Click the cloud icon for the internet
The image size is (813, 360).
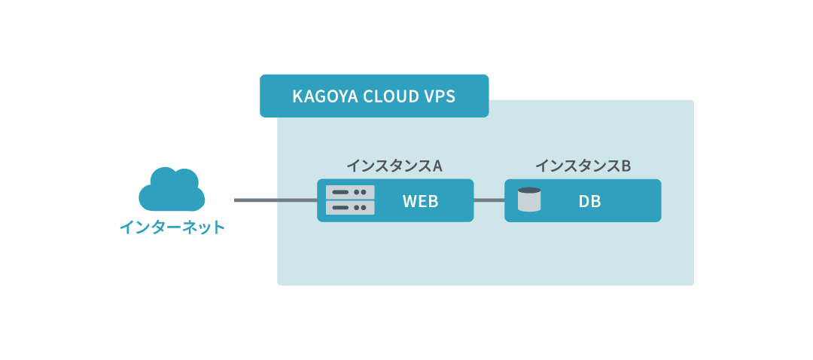(172, 190)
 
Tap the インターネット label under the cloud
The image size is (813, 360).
(172, 227)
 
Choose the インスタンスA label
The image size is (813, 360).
(394, 166)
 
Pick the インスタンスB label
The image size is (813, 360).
(582, 166)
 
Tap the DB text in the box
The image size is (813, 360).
(590, 201)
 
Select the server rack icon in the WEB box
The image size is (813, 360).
(350, 200)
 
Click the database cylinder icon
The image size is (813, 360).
(530, 200)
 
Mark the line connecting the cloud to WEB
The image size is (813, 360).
(275, 200)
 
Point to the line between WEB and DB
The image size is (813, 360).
(489, 200)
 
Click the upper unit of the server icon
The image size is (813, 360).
(350, 193)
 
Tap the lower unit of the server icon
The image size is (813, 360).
(350, 207)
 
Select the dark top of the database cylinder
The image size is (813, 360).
(530, 191)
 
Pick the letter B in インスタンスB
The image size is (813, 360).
(625, 166)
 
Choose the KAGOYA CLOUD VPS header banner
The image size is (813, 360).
(374, 96)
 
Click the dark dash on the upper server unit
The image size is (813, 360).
(341, 193)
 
